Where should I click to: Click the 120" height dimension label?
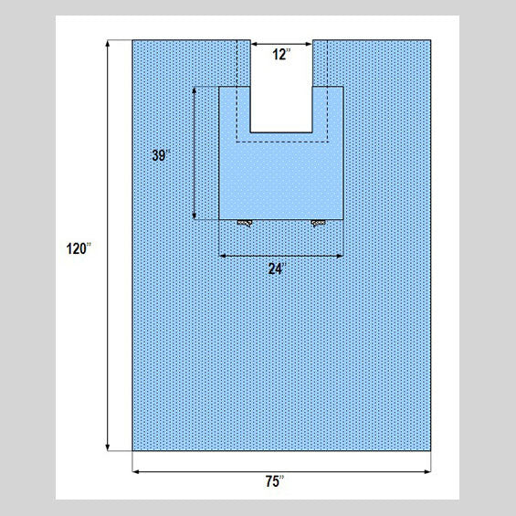tap(79, 248)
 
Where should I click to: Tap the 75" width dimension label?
tap(275, 481)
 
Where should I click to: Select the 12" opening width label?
tap(281, 54)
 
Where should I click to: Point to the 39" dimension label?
tap(162, 155)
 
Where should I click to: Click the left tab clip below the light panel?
tap(245, 223)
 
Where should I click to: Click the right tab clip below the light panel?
tap(318, 223)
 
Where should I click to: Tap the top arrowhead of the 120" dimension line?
tap(107, 43)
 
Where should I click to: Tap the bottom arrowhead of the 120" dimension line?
tap(107, 448)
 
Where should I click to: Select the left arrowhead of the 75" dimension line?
tap(135, 471)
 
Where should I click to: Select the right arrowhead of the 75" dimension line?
tap(427, 471)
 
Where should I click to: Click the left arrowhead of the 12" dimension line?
tap(254, 44)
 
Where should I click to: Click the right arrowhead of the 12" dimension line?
tap(309, 44)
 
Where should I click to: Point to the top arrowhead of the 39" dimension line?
tap(195, 90)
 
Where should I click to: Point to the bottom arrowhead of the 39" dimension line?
tap(195, 216)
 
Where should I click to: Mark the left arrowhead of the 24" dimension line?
tap(223, 256)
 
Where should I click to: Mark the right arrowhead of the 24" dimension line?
tap(340, 256)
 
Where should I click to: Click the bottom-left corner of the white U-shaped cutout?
tap(251, 132)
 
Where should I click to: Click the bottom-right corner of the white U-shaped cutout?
tap(312, 132)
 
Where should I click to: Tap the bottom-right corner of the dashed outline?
tap(328, 142)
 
